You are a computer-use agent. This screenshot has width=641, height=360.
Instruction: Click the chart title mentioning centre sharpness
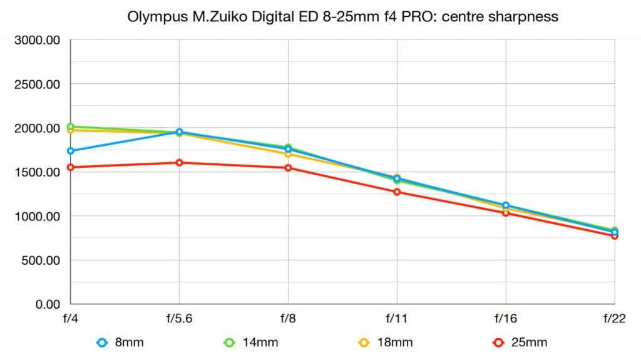pos(342,17)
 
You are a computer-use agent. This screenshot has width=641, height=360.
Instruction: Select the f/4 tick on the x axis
pos(71,319)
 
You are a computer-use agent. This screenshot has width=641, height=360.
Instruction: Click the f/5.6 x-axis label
pos(180,319)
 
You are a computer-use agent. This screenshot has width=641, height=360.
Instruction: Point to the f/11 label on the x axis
pos(397,319)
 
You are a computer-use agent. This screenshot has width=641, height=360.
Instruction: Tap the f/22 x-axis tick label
pos(615,319)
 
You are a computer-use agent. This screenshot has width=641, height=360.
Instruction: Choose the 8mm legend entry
pos(121,342)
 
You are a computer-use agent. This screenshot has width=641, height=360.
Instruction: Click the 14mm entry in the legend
pos(251,342)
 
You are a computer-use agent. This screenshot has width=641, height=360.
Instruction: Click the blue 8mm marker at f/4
pos(71,151)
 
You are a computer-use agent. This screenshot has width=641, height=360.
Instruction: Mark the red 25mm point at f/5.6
pos(180,163)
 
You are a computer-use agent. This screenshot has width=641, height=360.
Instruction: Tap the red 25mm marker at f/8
pos(288,168)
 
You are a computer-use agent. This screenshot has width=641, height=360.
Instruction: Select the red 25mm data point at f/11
pos(397,192)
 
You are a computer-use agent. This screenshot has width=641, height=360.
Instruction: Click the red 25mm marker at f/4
pos(71,167)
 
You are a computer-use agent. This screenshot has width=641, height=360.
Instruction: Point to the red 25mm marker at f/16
pos(506,213)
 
